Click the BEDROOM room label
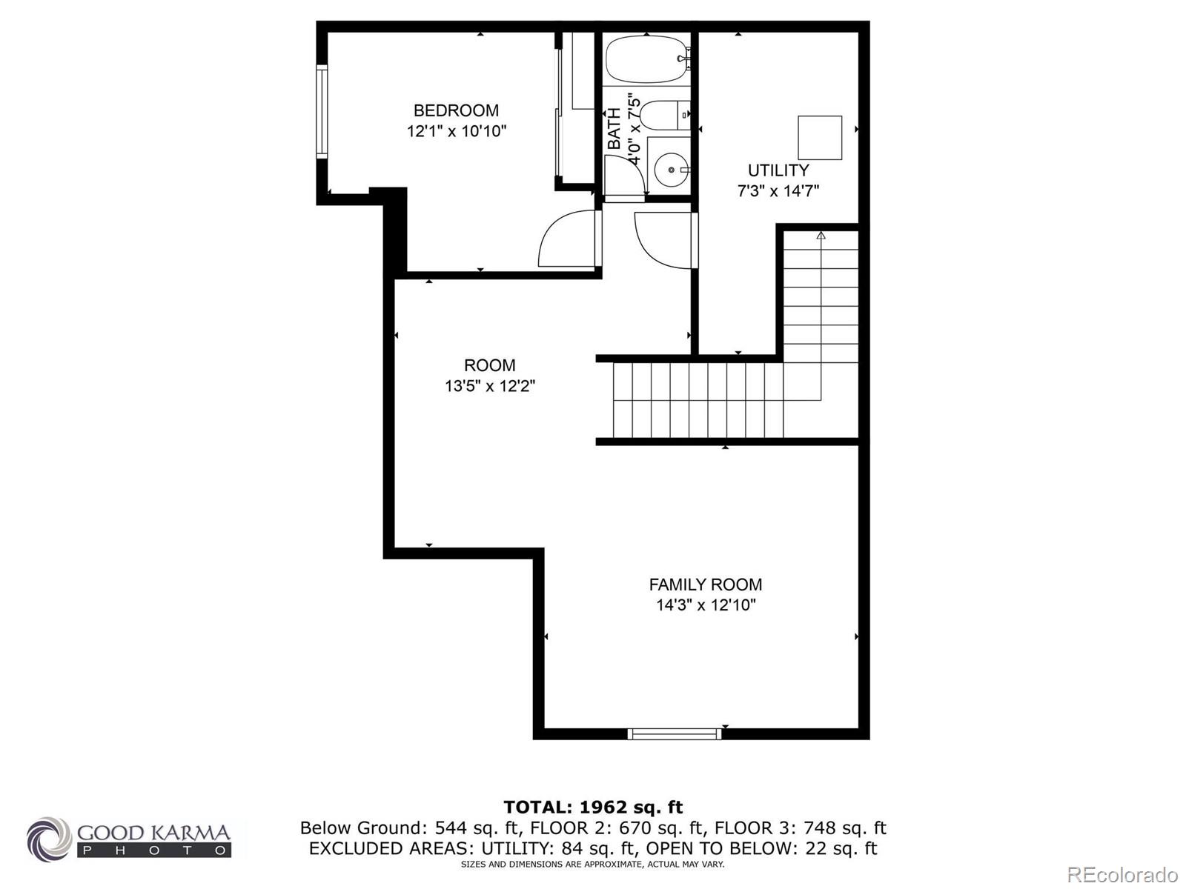[x=456, y=111]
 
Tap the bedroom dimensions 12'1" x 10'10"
[x=456, y=132]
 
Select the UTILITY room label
[x=778, y=170]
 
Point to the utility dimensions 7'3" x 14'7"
[x=778, y=191]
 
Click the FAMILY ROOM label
[x=705, y=585]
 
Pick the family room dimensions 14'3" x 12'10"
[x=705, y=605]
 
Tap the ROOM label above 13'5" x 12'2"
[x=489, y=365]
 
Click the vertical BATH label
[x=614, y=129]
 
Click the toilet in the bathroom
[x=663, y=116]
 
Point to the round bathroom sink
[x=672, y=170]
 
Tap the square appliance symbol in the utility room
[x=820, y=138]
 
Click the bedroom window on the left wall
[x=322, y=111]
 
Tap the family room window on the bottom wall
[x=675, y=733]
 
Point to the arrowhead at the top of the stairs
[x=821, y=236]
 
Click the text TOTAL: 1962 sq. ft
[x=593, y=807]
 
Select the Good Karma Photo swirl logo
[x=50, y=839]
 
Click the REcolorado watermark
[x=1122, y=874]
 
